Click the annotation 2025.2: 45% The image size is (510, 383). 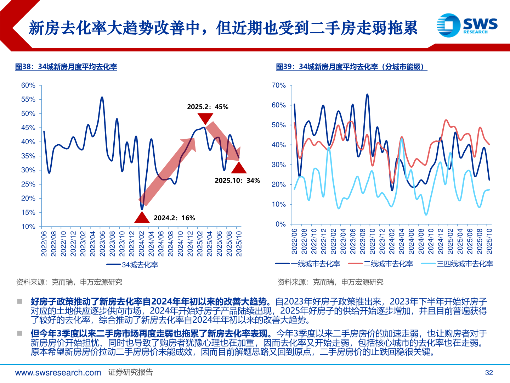(208, 107)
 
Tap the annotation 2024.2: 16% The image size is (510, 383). (174, 218)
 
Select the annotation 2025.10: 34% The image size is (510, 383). (237, 181)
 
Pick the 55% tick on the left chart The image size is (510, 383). (28, 100)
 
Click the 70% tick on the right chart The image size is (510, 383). (278, 85)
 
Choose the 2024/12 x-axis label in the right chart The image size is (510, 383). (441, 241)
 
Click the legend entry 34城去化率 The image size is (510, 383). (132, 265)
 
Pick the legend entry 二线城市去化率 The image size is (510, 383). (381, 263)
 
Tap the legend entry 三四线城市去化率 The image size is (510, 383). (457, 263)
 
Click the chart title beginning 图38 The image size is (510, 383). (66, 67)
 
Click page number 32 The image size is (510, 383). (489, 372)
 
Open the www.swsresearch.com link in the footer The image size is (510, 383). (58, 372)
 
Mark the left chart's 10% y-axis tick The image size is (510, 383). (28, 227)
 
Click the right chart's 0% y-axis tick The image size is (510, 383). (280, 224)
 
